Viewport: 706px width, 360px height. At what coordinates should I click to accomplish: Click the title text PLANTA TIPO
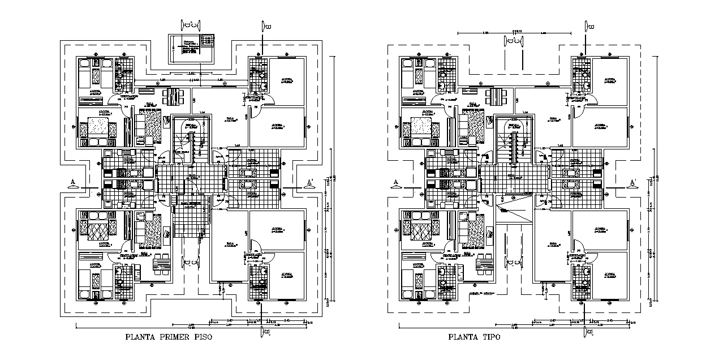point(474,337)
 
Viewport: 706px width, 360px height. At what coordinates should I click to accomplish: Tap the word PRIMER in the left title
point(172,337)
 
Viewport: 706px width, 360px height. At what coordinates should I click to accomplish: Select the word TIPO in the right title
point(490,337)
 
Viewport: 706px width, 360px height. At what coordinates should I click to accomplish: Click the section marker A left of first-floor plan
point(72,182)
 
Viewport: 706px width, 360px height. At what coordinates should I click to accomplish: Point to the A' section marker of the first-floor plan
point(308,182)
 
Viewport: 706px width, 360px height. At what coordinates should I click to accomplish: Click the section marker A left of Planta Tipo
point(396,182)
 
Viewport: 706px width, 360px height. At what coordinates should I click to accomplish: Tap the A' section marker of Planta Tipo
point(632,182)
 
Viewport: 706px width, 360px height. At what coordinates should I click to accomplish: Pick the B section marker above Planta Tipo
point(588,25)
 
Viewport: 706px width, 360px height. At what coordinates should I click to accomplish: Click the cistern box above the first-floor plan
point(192,49)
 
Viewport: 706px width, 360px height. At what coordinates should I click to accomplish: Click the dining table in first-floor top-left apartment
point(174,96)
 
